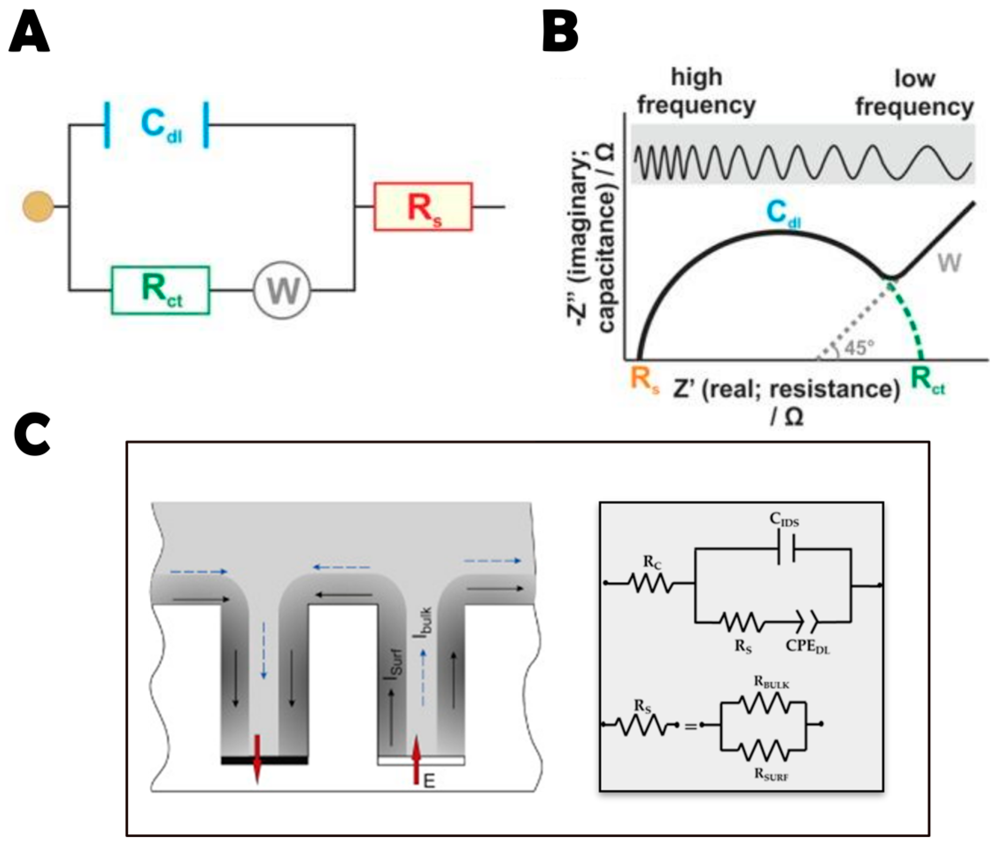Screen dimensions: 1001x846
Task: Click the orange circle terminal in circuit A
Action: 39,207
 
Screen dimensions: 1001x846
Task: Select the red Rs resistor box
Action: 423,207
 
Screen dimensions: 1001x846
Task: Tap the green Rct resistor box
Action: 161,290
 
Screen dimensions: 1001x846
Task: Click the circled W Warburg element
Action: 282,290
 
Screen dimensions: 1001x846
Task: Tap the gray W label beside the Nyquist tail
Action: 950,263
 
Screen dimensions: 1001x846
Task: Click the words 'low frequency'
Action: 915,93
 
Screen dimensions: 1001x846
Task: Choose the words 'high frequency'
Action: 696,92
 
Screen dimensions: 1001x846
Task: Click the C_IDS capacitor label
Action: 785,519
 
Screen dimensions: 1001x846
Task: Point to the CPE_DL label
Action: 808,646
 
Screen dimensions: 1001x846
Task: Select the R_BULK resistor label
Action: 771,682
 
